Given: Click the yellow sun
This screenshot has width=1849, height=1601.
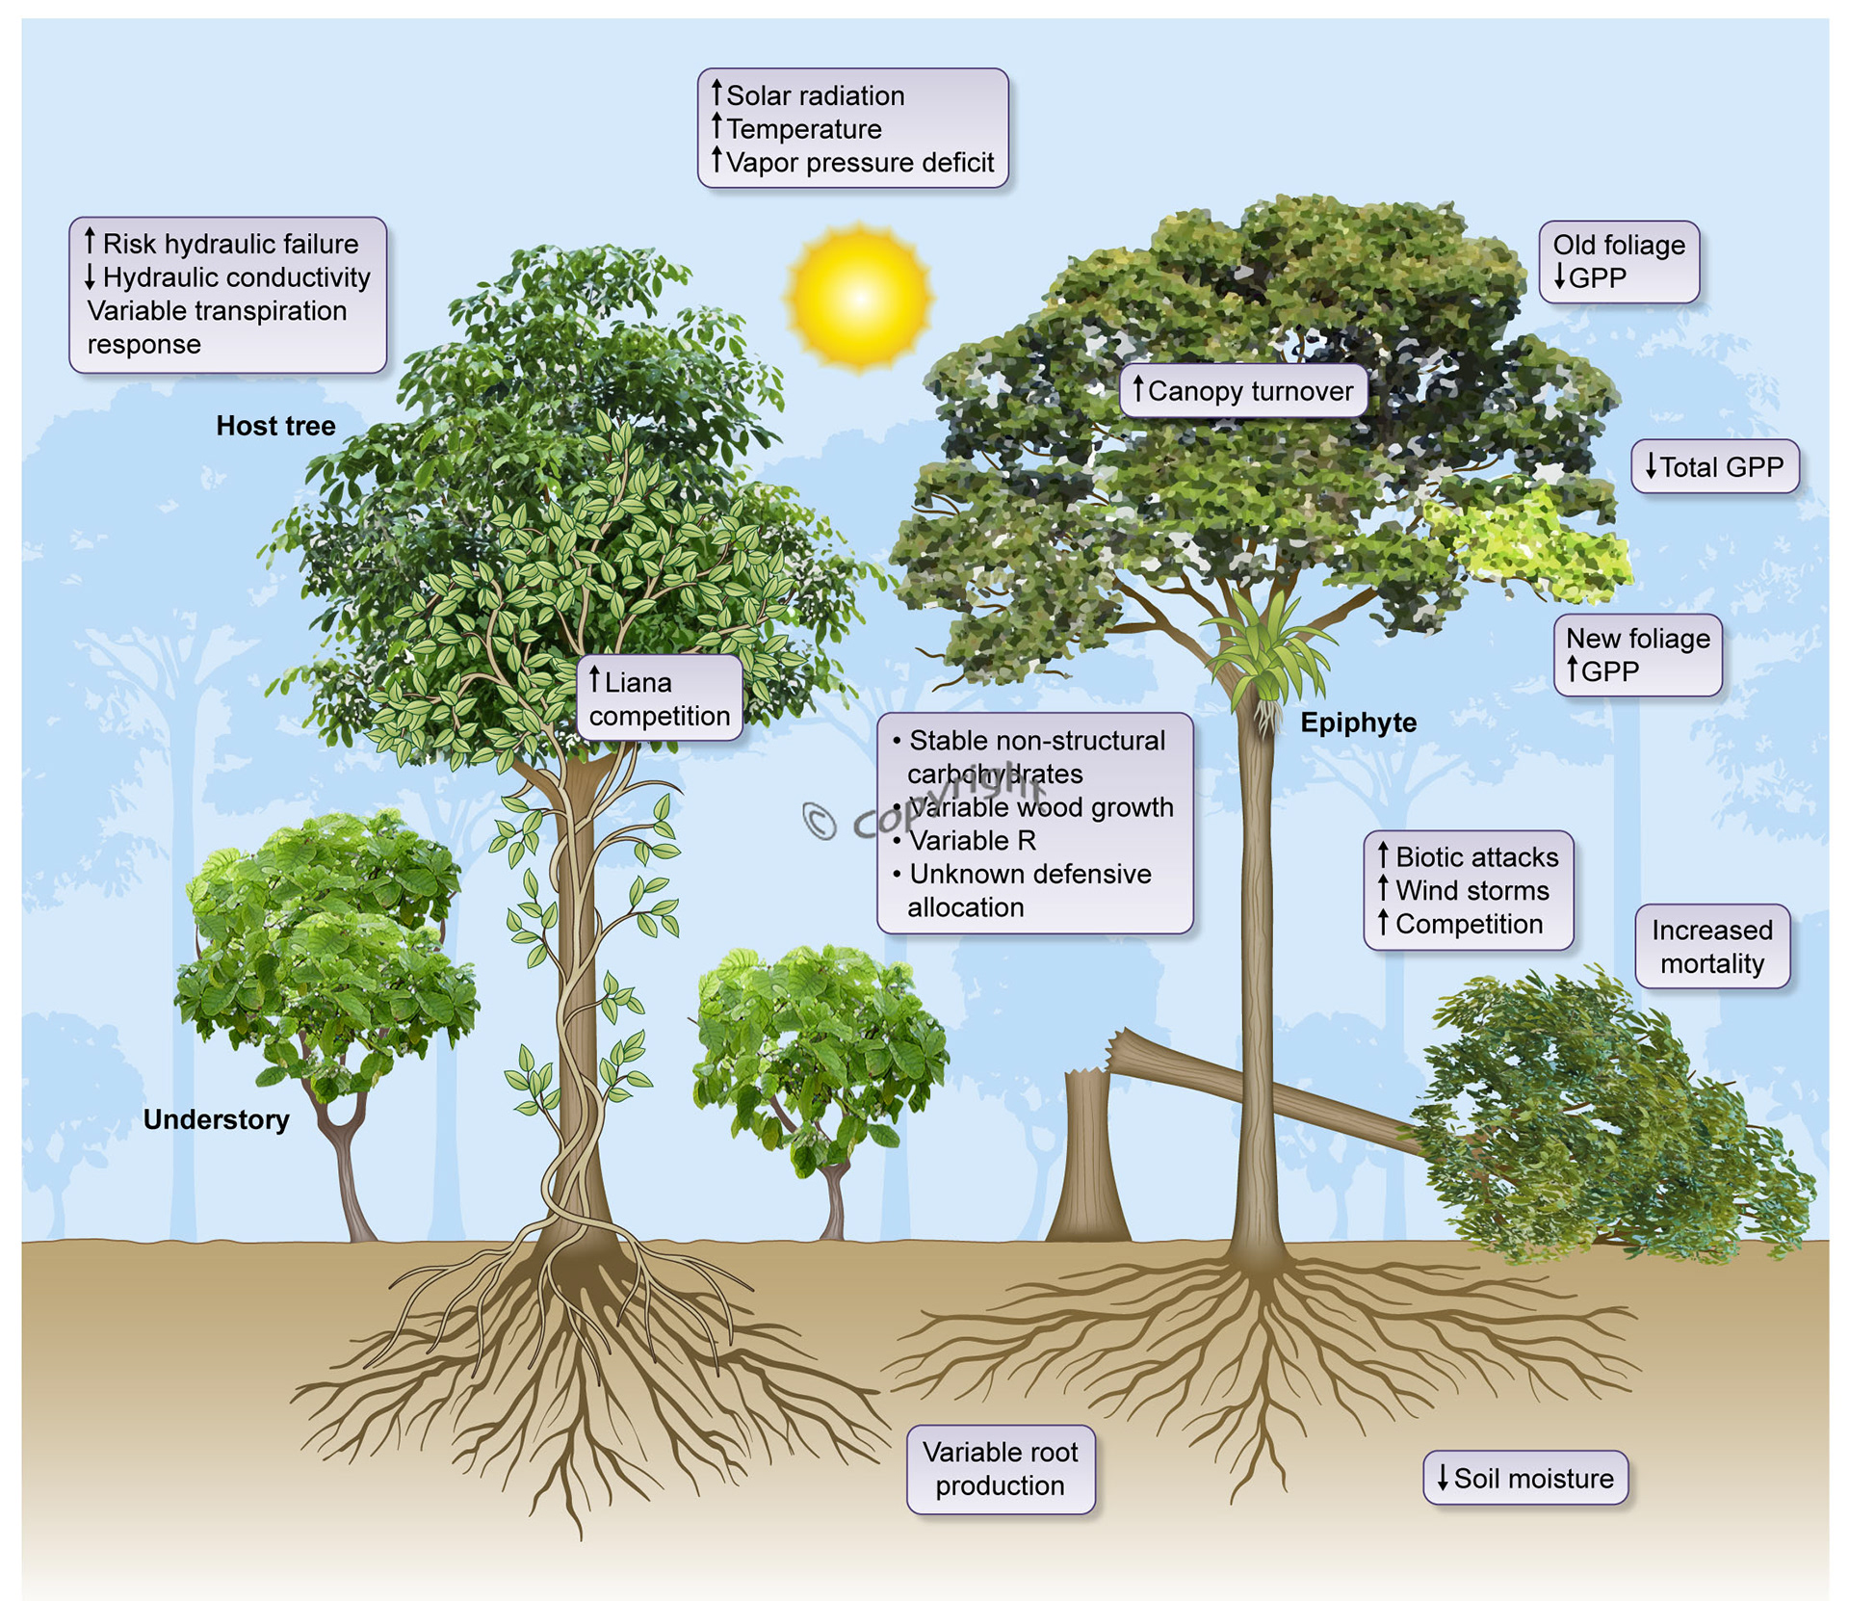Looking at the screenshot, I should click(x=857, y=297).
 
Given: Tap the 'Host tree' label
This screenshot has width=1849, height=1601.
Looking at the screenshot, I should click(x=275, y=426).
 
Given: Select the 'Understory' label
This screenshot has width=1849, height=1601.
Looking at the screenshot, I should click(x=216, y=1119).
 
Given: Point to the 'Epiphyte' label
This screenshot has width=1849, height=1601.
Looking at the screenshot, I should click(x=1358, y=722).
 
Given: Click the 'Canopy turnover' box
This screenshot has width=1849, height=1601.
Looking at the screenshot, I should click(x=1242, y=390).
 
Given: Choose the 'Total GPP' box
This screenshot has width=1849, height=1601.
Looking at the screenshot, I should click(x=1714, y=467).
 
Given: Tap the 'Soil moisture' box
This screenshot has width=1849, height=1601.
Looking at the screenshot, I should click(x=1524, y=1478).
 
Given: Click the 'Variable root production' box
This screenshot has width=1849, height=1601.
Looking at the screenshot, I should click(x=1000, y=1469).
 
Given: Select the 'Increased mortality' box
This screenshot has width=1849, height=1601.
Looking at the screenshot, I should click(x=1711, y=946).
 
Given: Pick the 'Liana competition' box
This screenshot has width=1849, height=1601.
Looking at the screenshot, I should click(x=659, y=698).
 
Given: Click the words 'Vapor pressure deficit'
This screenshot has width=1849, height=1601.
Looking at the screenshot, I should click(x=859, y=162).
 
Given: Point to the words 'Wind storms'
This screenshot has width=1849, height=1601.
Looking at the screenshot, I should click(x=1471, y=890).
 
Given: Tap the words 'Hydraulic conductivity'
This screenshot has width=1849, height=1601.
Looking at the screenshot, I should click(x=236, y=277).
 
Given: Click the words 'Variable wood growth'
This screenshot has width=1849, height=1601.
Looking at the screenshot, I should click(x=1040, y=807).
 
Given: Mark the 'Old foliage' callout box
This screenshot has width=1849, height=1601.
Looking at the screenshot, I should click(x=1618, y=261).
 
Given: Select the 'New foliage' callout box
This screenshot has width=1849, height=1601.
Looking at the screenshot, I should click(x=1637, y=654).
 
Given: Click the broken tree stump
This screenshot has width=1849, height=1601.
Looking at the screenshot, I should click(x=1088, y=1156).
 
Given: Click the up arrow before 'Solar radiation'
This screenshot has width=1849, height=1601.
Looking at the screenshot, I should click(x=716, y=93).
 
